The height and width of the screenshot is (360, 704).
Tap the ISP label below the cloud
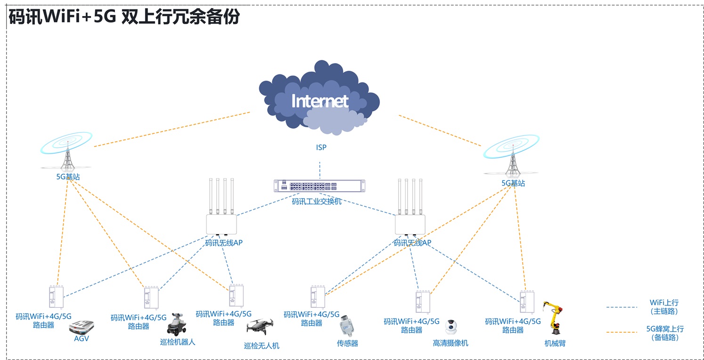[x=321, y=147]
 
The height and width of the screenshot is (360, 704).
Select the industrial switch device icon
[x=319, y=186]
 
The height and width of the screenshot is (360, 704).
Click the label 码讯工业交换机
[x=317, y=202]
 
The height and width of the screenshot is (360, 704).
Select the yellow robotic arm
[x=554, y=319]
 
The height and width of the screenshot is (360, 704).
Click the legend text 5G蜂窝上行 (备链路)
[x=664, y=333]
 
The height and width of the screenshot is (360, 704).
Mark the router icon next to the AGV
[x=56, y=297]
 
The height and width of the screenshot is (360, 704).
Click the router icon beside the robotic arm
[x=526, y=302]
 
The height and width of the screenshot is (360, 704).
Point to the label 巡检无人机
[x=262, y=346]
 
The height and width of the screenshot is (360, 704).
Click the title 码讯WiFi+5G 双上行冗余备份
[x=124, y=17]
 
